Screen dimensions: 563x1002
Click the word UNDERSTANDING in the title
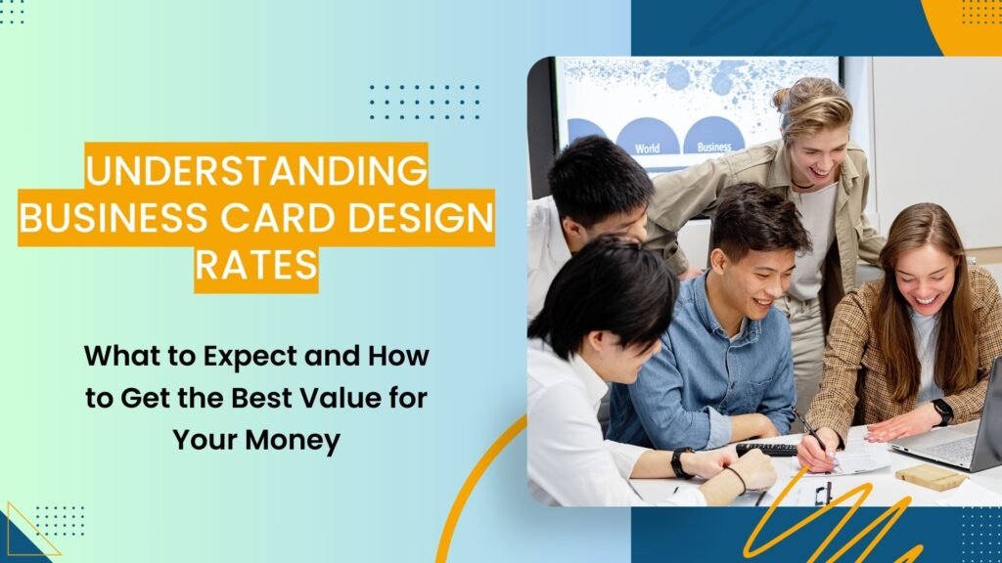[x=255, y=170]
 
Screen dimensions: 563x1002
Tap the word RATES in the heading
[x=255, y=265]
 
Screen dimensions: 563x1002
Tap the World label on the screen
[x=647, y=148]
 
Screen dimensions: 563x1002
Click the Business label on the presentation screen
[x=713, y=148]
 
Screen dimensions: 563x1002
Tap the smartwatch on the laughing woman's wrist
[x=942, y=411]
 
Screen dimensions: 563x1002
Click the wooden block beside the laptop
[x=930, y=478]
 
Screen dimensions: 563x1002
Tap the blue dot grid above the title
[x=424, y=102]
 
